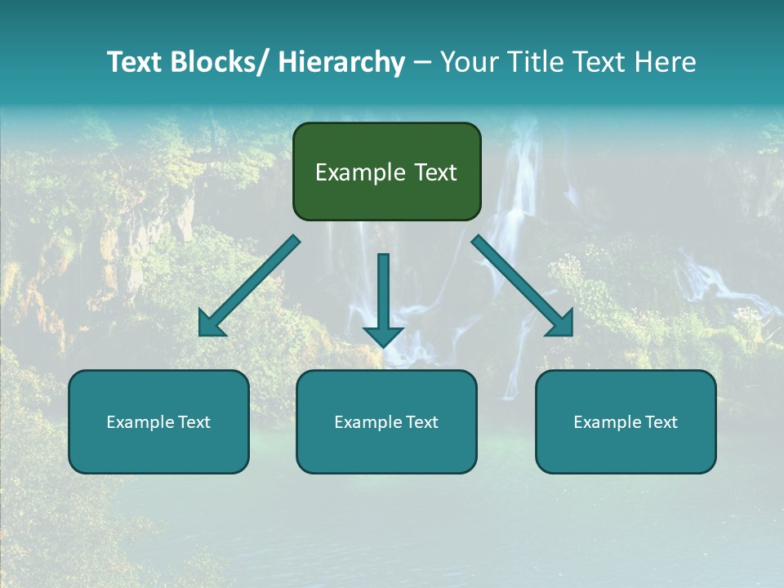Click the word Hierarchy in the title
tap(341, 62)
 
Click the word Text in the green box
tap(434, 172)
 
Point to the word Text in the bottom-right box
tap(661, 422)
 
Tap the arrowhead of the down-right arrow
tap(561, 324)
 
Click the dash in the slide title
tap(422, 63)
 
